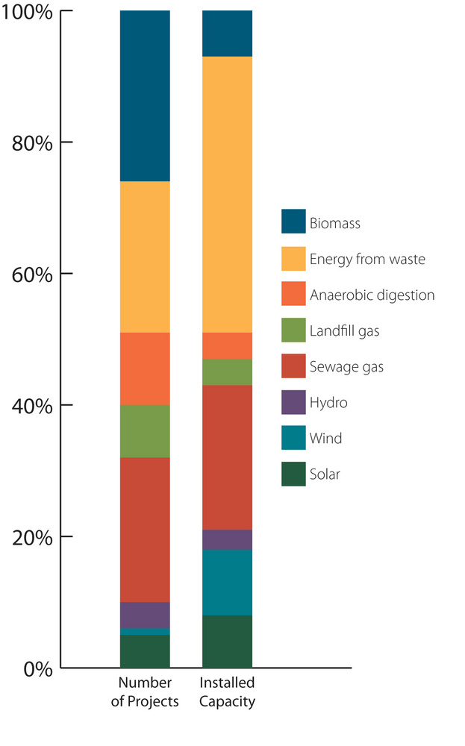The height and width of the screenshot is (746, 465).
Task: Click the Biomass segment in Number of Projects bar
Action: click(x=145, y=95)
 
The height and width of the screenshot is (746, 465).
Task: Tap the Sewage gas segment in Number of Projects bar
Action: click(x=145, y=530)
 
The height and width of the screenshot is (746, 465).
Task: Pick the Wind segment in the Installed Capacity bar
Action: click(x=227, y=582)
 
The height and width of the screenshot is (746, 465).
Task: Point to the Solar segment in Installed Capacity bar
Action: click(x=227, y=641)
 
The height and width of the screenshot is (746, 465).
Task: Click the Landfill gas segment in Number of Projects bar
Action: click(x=145, y=431)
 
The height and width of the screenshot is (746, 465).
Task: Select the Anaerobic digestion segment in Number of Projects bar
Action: click(x=145, y=369)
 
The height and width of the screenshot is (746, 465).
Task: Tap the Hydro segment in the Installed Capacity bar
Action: click(x=227, y=539)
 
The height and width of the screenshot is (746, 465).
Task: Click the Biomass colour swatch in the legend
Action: click(x=293, y=222)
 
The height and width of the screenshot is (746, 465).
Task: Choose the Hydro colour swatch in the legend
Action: click(x=293, y=403)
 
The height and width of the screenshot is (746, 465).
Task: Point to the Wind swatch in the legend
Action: click(x=293, y=438)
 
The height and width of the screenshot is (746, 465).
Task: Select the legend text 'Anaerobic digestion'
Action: click(x=372, y=295)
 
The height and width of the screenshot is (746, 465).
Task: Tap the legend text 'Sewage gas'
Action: click(x=346, y=367)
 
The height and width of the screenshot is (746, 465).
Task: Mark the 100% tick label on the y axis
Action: click(x=28, y=13)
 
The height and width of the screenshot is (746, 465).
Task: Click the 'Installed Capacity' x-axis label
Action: click(x=228, y=692)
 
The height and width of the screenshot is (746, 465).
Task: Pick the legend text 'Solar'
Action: click(x=324, y=474)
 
